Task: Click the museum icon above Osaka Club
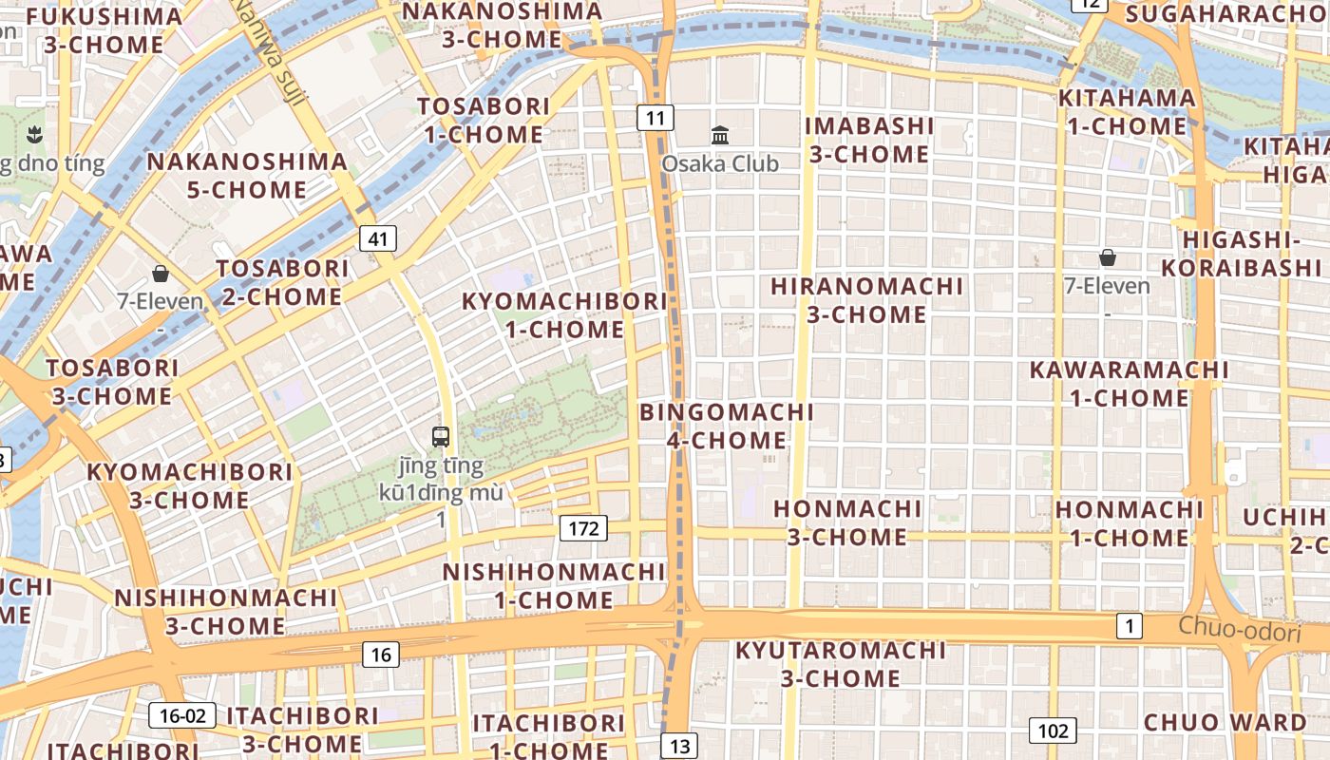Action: coord(720,135)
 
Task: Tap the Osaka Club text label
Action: coord(720,163)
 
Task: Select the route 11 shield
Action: coord(655,118)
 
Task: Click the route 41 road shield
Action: coord(378,238)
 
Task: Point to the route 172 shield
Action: coord(582,528)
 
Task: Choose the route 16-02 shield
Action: coord(182,715)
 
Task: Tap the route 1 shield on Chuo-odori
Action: coord(1130,626)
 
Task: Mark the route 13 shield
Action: coord(679,746)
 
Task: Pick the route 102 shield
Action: coord(1053,731)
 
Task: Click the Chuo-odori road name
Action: coord(1239,629)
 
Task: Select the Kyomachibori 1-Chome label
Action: coord(564,315)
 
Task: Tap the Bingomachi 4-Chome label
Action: coord(727,427)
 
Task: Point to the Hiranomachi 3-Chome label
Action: coord(866,300)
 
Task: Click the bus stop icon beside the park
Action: coord(441,437)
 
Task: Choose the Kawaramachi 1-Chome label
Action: coord(1130,384)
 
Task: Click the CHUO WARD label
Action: coord(1225,722)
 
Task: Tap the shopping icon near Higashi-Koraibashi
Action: coord(1107,257)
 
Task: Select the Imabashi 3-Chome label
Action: coord(868,140)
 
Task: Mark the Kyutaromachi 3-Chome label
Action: coord(841,664)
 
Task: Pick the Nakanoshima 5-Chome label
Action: coord(247,176)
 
